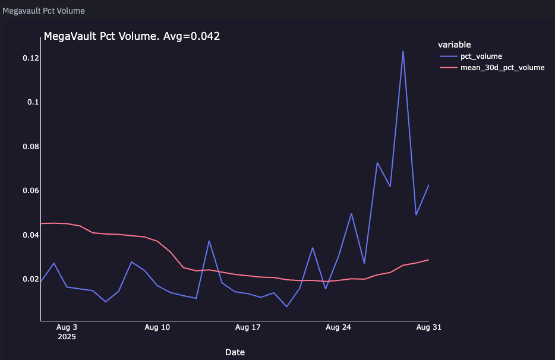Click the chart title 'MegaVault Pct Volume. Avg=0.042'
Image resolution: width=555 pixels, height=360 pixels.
click(x=132, y=36)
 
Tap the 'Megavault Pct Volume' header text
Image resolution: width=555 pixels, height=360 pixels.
click(x=43, y=11)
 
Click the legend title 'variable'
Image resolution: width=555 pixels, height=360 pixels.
click(x=454, y=45)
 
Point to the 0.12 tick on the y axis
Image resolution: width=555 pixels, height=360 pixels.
click(x=31, y=58)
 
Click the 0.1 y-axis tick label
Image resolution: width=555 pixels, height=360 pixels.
click(x=33, y=102)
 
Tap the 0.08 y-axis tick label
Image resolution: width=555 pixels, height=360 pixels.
click(x=31, y=146)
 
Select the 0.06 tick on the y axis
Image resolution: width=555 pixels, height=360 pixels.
click(x=31, y=191)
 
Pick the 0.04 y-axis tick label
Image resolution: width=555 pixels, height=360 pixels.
click(x=31, y=235)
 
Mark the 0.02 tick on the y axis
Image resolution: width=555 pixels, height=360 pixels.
click(x=31, y=279)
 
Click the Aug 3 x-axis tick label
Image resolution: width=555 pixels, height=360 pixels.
click(x=67, y=327)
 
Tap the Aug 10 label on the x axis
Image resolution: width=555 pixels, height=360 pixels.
click(x=157, y=327)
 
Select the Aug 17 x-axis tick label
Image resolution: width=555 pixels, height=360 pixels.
click(x=248, y=327)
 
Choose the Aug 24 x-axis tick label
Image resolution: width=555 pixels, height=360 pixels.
click(x=338, y=327)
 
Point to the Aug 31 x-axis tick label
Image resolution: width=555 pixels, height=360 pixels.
click(x=428, y=327)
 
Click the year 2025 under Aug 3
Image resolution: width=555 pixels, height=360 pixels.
click(x=67, y=336)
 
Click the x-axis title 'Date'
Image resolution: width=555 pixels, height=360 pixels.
click(x=235, y=352)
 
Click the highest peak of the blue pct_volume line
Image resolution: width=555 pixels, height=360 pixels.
click(x=403, y=51)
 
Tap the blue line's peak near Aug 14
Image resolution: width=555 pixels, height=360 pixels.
click(x=209, y=241)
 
